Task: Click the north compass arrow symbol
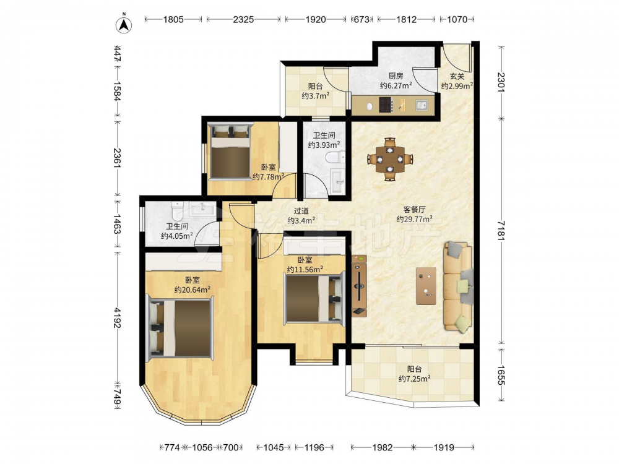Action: click(x=124, y=25)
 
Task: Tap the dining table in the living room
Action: click(x=389, y=159)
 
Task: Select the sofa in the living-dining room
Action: click(x=458, y=286)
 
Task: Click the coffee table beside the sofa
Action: click(x=426, y=286)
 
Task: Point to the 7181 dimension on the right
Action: click(x=501, y=230)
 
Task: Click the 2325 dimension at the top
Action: click(x=243, y=19)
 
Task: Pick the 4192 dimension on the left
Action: click(x=117, y=317)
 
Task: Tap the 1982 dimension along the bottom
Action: click(x=382, y=447)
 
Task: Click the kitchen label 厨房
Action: click(x=396, y=75)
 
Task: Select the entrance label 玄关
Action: click(x=457, y=76)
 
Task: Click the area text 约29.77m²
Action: click(x=414, y=219)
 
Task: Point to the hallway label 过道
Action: click(x=301, y=211)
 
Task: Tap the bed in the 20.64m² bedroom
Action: click(x=180, y=329)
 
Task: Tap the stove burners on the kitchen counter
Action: click(x=386, y=105)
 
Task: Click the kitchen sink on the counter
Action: click(x=421, y=105)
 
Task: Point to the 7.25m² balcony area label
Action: click(x=415, y=379)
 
